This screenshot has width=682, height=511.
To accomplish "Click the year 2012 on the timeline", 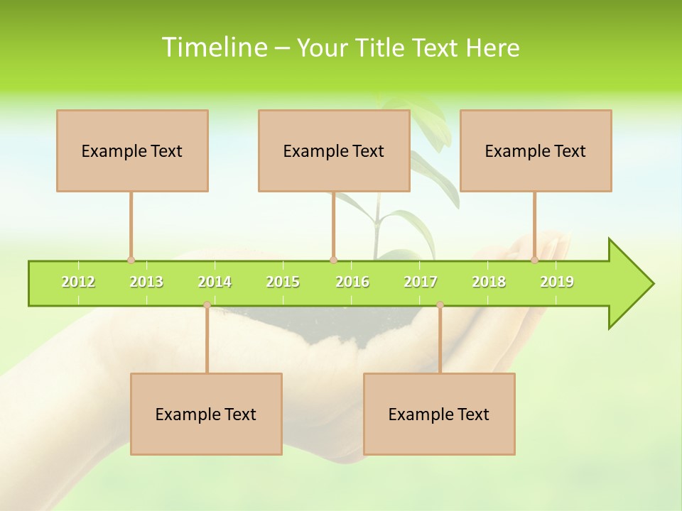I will [78, 282].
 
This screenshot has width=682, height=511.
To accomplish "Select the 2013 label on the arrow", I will [146, 282].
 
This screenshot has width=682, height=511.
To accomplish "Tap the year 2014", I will [215, 282].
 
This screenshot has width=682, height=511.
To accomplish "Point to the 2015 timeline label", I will [283, 282].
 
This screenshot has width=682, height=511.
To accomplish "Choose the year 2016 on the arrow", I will [352, 282].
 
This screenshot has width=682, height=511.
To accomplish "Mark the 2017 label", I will [421, 282].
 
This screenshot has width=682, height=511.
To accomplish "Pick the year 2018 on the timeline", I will [489, 282].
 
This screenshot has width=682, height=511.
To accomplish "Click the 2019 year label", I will [557, 282].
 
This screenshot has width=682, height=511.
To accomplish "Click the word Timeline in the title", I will [213, 48].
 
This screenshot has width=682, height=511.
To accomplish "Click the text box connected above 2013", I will [132, 150].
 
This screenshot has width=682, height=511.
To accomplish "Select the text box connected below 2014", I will [206, 414].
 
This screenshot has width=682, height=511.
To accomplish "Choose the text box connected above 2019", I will [536, 150].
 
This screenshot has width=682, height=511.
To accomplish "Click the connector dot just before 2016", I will [334, 260].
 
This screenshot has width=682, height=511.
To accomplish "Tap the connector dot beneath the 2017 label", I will [440, 305].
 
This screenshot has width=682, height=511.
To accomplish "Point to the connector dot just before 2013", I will [131, 260].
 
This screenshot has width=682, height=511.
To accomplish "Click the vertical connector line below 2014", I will [207, 341].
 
